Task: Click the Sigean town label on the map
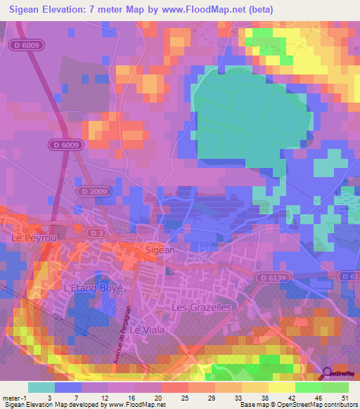158,249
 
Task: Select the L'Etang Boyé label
94,288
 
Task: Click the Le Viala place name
146,329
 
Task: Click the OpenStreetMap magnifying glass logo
328,375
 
